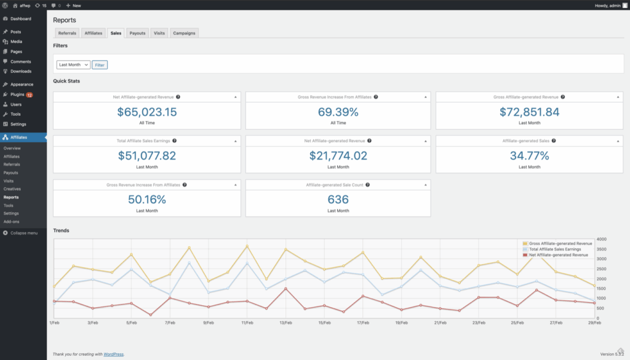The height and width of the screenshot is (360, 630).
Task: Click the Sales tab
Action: (x=116, y=33)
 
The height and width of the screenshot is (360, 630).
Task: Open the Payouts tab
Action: (x=137, y=33)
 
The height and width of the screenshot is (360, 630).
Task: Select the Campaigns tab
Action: (x=184, y=33)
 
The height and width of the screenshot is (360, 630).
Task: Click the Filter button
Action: (x=100, y=65)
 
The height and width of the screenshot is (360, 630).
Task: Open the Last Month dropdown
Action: (x=73, y=65)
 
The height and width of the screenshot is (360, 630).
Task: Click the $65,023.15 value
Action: (x=146, y=112)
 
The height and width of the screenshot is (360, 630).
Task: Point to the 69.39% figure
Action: (x=338, y=112)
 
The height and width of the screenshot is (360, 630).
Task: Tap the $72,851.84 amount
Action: (x=529, y=112)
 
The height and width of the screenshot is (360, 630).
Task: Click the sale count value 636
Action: (x=338, y=199)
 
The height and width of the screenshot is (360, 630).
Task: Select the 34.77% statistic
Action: (x=529, y=156)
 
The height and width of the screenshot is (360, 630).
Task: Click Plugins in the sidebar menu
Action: (x=17, y=95)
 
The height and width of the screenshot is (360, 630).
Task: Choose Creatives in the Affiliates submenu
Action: (x=12, y=189)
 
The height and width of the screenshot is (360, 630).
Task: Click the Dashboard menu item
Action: (x=20, y=18)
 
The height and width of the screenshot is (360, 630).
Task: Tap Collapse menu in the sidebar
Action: (x=23, y=233)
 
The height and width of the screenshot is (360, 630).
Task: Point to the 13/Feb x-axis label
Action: (x=286, y=322)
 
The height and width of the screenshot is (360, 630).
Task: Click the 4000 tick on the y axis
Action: (x=602, y=239)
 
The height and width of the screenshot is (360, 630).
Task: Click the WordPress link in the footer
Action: (x=113, y=354)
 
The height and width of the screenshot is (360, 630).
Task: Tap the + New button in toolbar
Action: (x=73, y=5)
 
